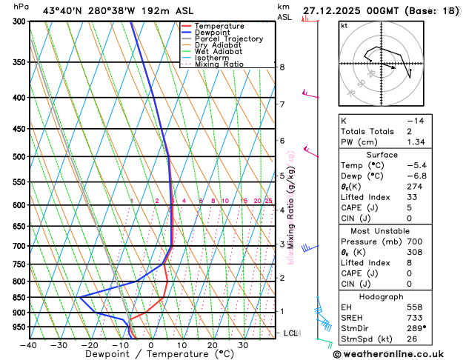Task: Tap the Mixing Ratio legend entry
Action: [219, 64]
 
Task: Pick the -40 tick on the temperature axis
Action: [29, 345]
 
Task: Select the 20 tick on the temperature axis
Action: [212, 345]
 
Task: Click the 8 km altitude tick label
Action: [282, 67]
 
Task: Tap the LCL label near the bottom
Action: [291, 333]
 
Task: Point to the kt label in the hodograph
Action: [344, 26]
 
